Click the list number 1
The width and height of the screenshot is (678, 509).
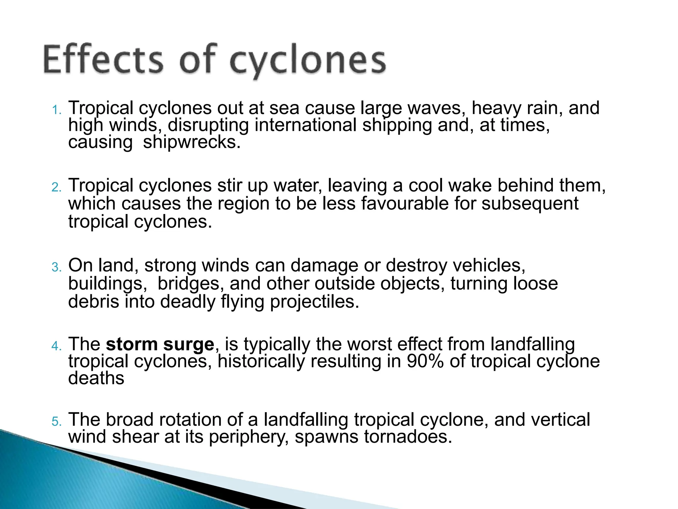[57, 110]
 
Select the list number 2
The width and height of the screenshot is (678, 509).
[57, 188]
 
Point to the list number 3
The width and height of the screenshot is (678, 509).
[57, 267]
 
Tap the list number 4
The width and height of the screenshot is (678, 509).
[57, 346]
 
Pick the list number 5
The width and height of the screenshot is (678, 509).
[57, 422]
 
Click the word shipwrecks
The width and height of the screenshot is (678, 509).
[191, 142]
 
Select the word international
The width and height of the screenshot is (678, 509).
[306, 125]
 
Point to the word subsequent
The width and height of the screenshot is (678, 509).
[530, 204]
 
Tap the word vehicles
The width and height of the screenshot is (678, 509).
[489, 265]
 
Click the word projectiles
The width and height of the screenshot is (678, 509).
[314, 302]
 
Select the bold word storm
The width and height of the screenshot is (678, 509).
[132, 344]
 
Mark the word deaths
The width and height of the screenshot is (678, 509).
[96, 378]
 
